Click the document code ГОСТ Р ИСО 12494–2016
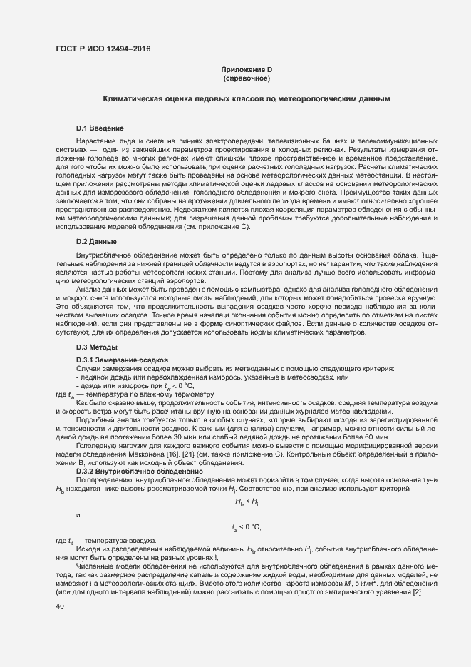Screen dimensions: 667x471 pyautogui.click(x=103, y=49)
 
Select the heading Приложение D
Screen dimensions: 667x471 pyautogui.click(x=247, y=69)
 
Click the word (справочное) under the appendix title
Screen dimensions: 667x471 pyautogui.click(x=247, y=78)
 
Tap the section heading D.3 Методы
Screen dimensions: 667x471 pyautogui.click(x=97, y=347)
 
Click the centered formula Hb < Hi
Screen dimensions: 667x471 pyautogui.click(x=247, y=502)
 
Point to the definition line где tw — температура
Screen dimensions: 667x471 pyautogui.click(x=134, y=394)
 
